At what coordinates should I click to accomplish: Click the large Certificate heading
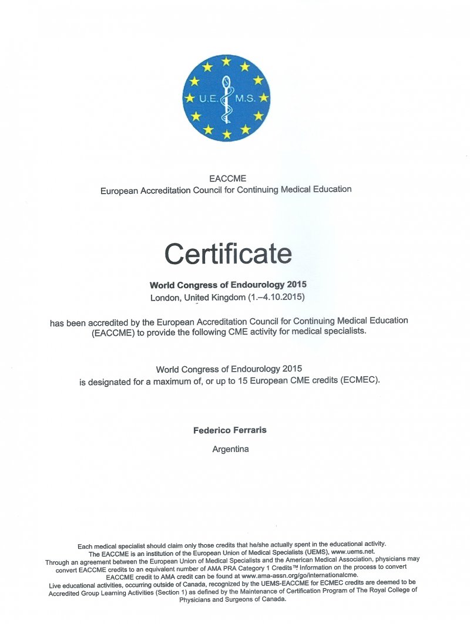coord(228,254)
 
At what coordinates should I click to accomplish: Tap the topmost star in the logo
coord(226,61)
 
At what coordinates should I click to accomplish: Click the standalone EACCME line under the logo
coord(226,178)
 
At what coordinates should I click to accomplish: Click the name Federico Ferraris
coord(230,430)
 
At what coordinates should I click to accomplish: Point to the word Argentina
coord(230,449)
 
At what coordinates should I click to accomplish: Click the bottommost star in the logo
coord(226,134)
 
